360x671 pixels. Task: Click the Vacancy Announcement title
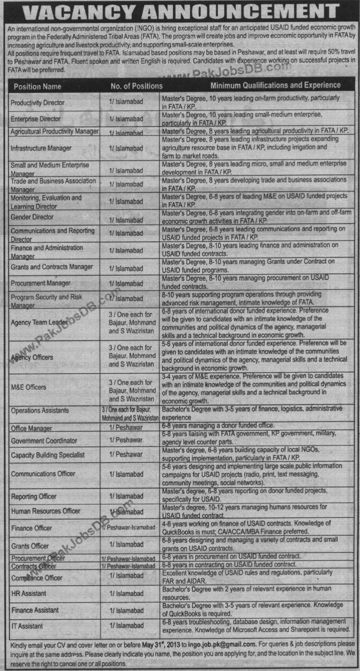point(180,11)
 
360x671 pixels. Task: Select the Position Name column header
point(38,86)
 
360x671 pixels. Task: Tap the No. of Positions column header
point(136,86)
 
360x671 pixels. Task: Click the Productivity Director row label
point(38,102)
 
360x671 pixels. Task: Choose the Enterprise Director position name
point(36,119)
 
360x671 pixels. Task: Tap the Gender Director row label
point(32,217)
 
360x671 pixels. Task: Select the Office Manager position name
point(31,428)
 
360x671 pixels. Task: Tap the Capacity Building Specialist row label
point(48,455)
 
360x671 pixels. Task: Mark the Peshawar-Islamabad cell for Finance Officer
point(128,528)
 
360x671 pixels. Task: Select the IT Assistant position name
point(27,626)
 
